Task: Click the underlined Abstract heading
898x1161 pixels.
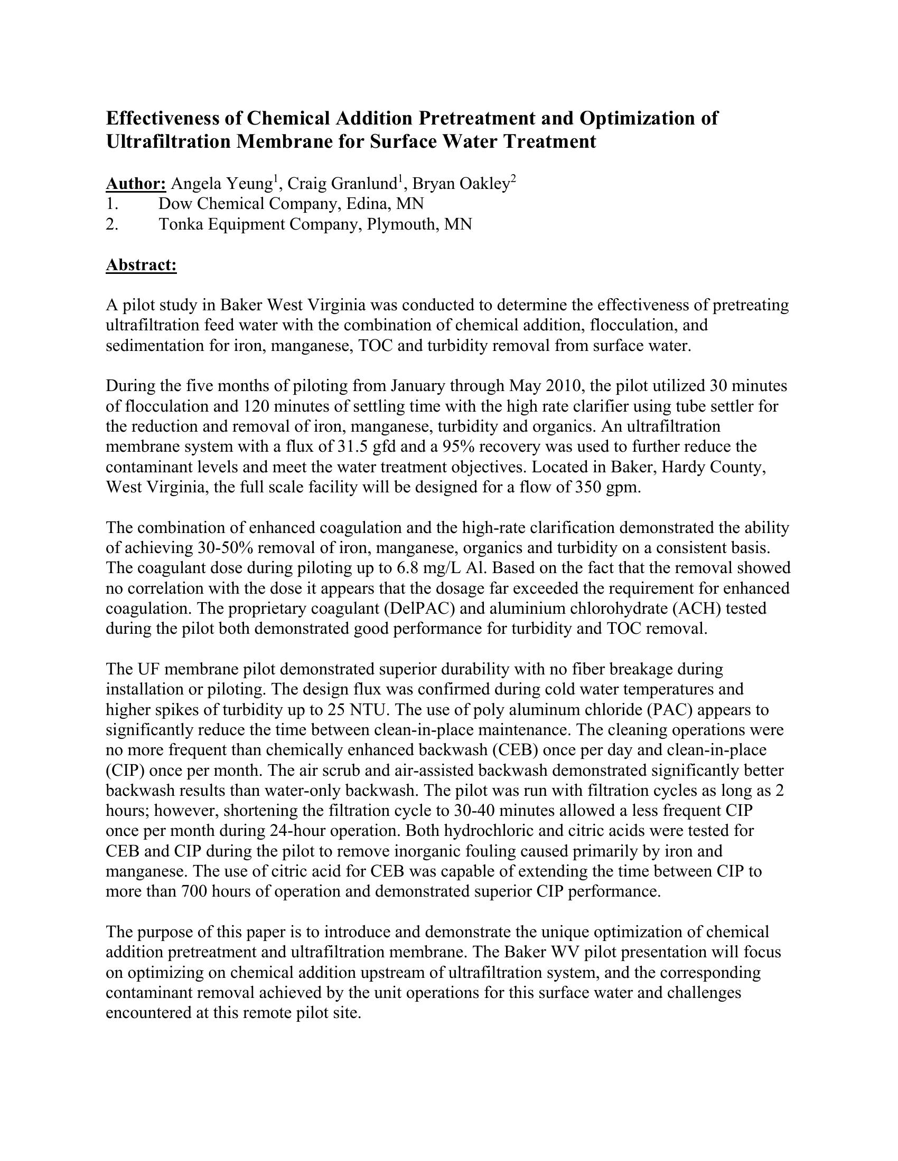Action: tap(141, 265)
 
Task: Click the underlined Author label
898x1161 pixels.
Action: tap(136, 184)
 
